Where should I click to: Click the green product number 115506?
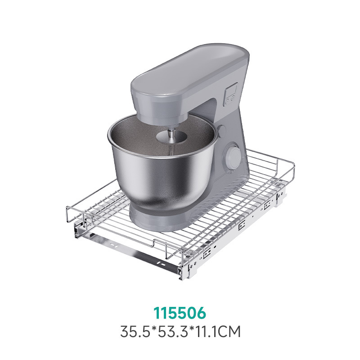(x=180, y=313)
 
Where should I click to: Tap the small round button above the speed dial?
(x=222, y=130)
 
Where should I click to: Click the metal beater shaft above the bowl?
(x=171, y=137)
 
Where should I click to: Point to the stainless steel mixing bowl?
(x=162, y=162)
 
